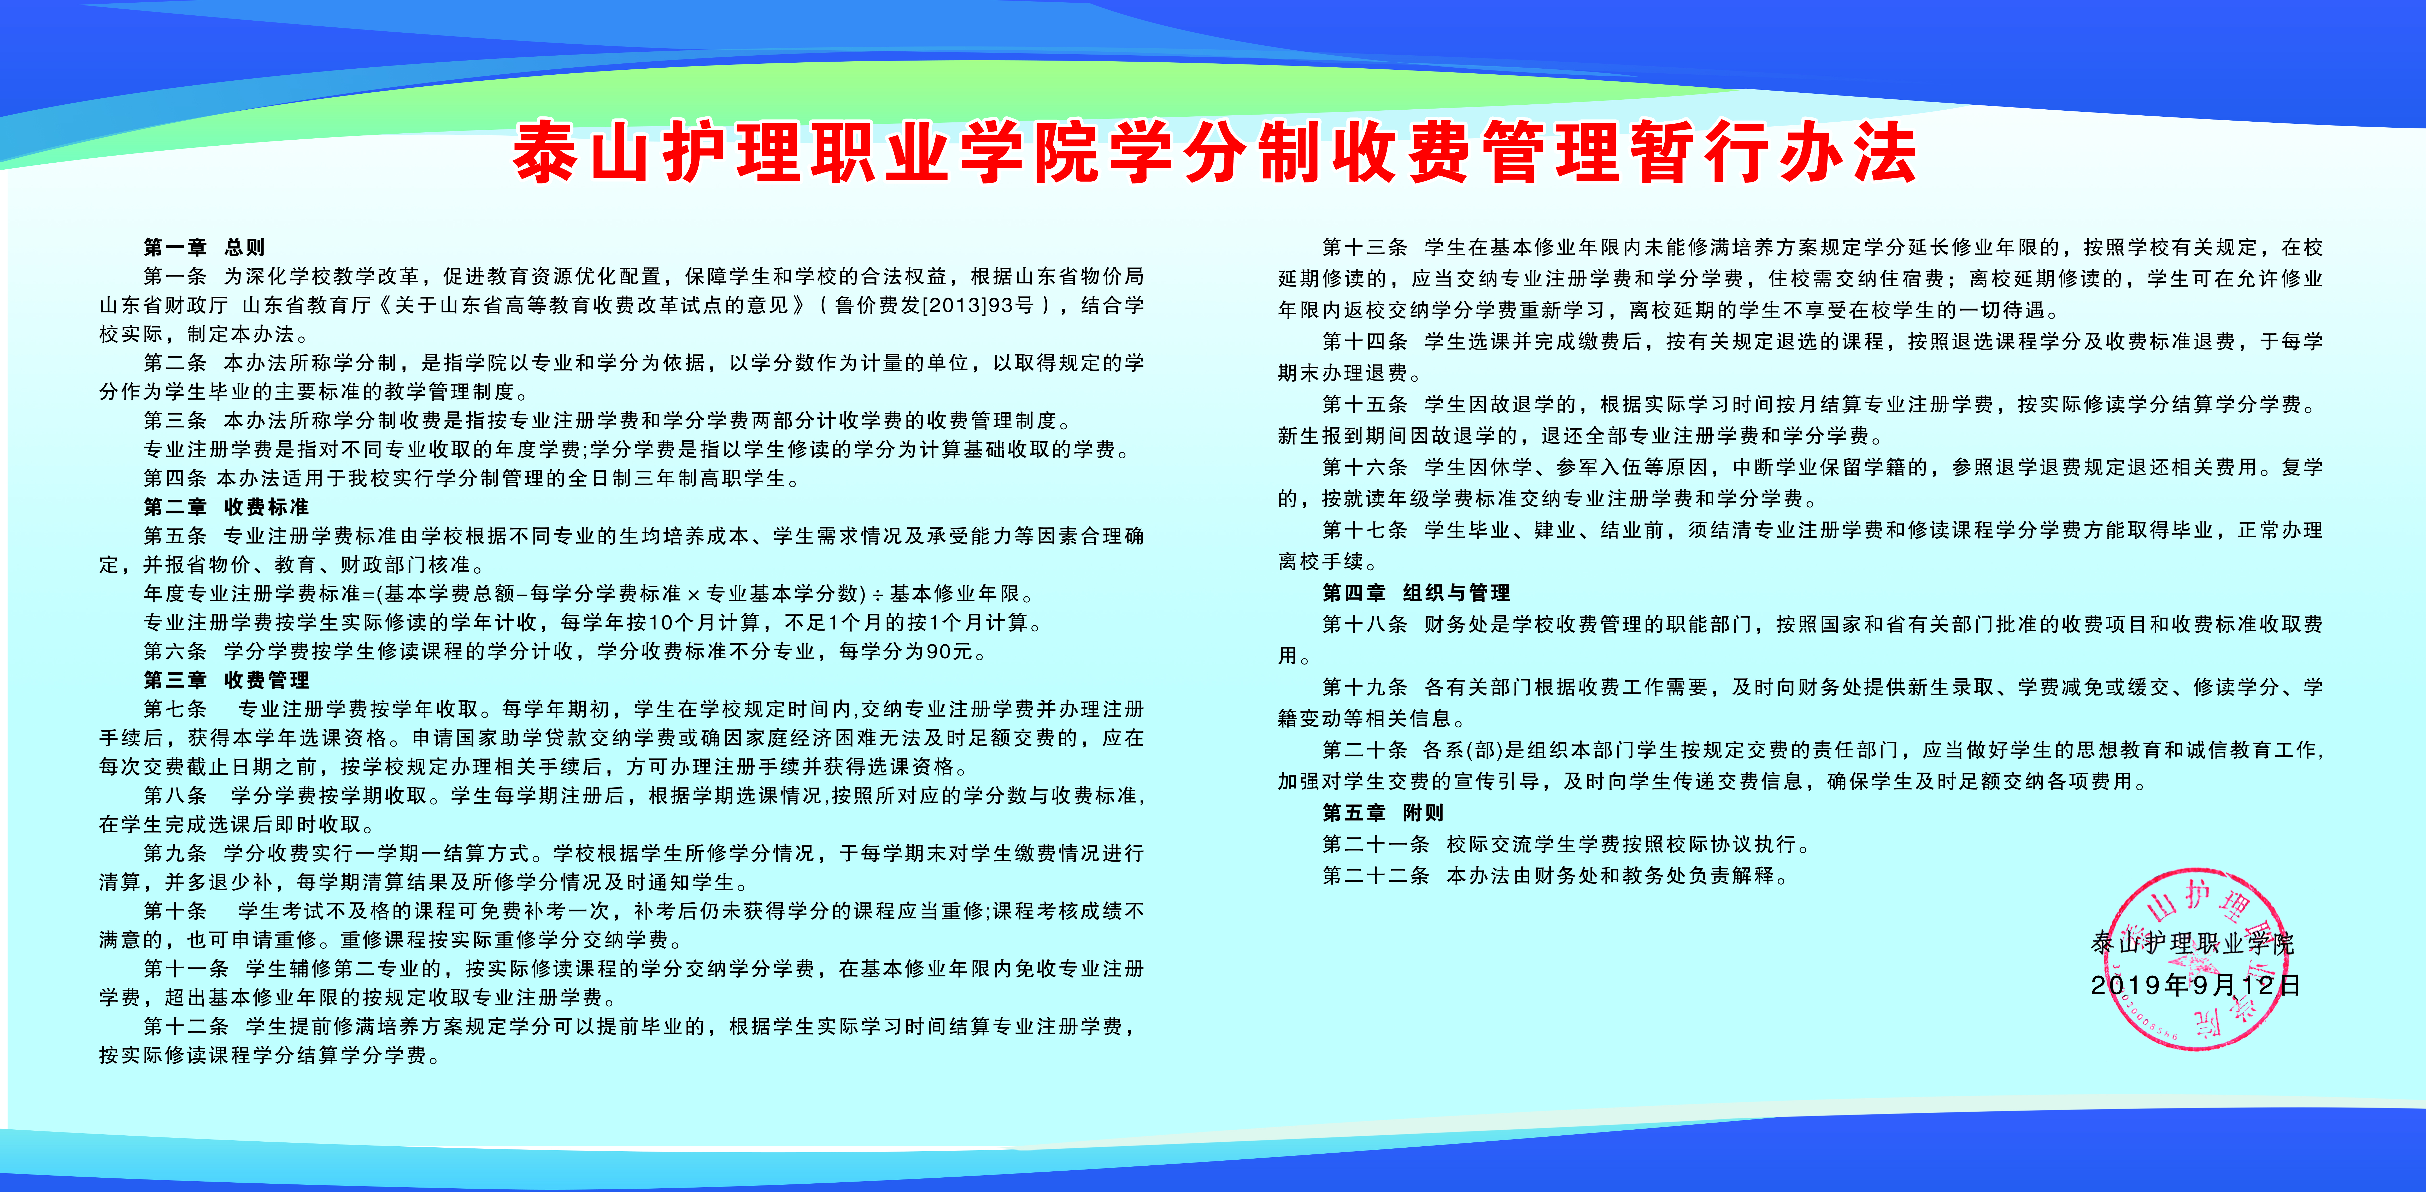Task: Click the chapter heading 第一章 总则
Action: point(204,248)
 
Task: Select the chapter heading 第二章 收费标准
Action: point(226,507)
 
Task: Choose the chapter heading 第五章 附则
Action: point(1383,813)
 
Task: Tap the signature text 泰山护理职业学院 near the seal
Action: point(2193,942)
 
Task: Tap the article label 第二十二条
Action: point(1375,876)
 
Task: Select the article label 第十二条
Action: point(186,1026)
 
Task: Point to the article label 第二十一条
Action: point(1375,845)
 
